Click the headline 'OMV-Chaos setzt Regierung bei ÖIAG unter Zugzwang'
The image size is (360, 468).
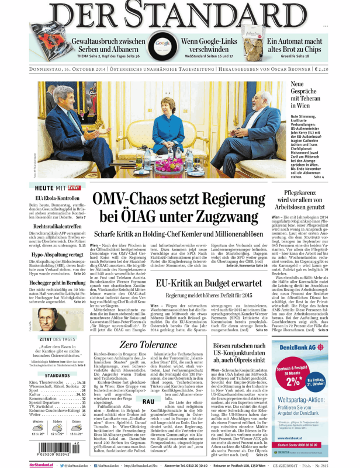click(180, 208)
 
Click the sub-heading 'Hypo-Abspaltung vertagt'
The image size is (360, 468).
click(58, 255)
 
